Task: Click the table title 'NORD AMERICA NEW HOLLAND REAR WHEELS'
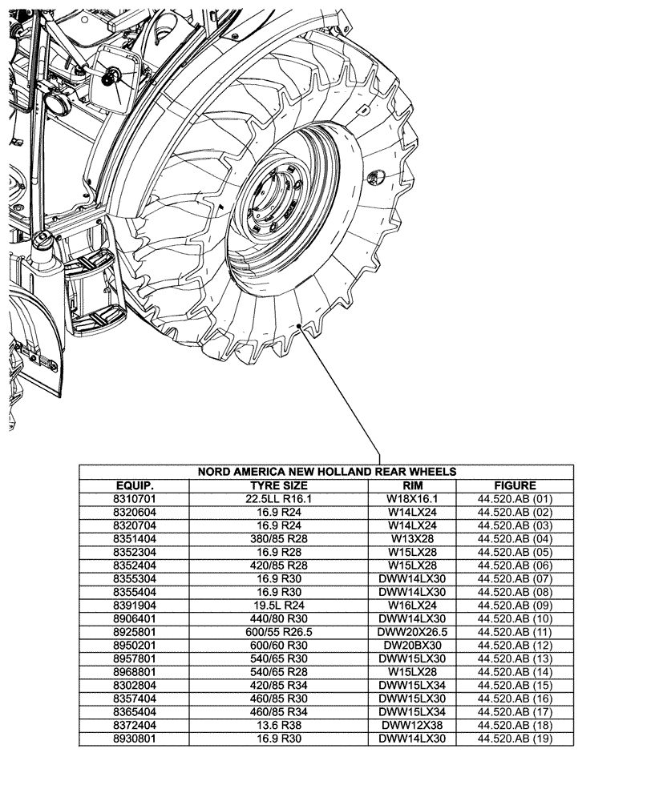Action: pyautogui.click(x=326, y=472)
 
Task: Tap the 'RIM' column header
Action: pyautogui.click(x=411, y=485)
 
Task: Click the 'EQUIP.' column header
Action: pyautogui.click(x=134, y=485)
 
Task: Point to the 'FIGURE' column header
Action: pyautogui.click(x=515, y=485)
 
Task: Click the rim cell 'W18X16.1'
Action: pyautogui.click(x=411, y=498)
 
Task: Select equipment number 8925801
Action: pyautogui.click(x=134, y=631)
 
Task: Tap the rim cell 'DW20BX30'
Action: pyautogui.click(x=411, y=645)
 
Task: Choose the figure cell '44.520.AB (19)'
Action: pyautogui.click(x=515, y=739)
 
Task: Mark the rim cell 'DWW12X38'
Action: pyautogui.click(x=411, y=725)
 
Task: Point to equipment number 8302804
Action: pyautogui.click(x=134, y=685)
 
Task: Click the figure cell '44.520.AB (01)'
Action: pyautogui.click(x=515, y=498)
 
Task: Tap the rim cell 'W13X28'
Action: pyautogui.click(x=411, y=538)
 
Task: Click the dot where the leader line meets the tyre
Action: pyautogui.click(x=300, y=326)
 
